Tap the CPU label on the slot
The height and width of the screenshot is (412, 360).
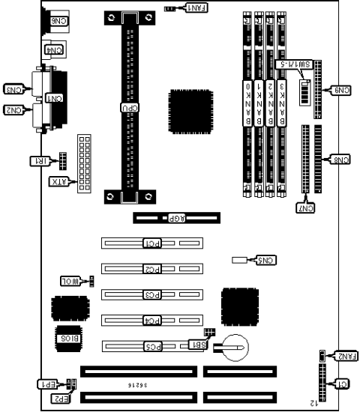point(130,107)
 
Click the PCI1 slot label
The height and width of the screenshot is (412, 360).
point(151,243)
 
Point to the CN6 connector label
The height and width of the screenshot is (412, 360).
point(58,23)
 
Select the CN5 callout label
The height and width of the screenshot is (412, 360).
point(266,261)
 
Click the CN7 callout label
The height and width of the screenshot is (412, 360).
point(307,207)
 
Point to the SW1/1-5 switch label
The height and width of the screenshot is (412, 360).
point(293,65)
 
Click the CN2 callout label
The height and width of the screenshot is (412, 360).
point(16,110)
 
